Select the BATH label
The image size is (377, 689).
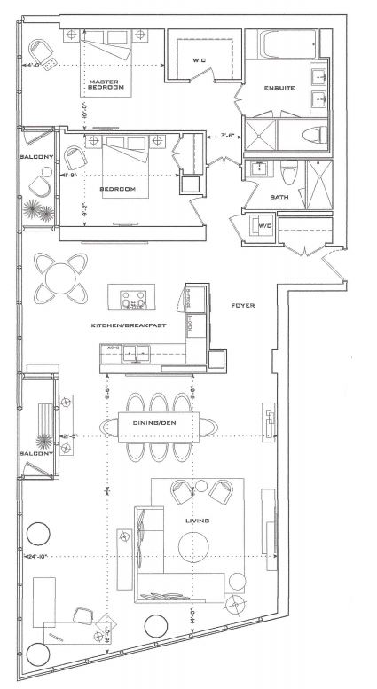click(279, 197)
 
